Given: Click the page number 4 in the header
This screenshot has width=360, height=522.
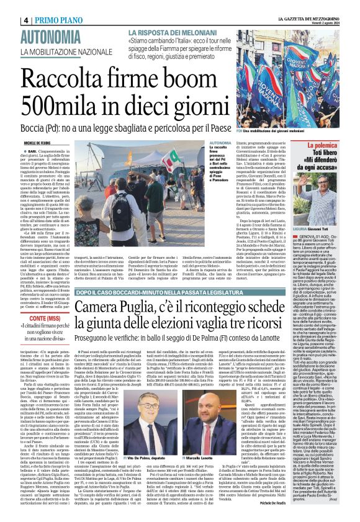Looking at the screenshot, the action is click(9, 6).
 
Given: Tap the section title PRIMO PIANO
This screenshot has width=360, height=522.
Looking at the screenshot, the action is click(37, 6).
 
